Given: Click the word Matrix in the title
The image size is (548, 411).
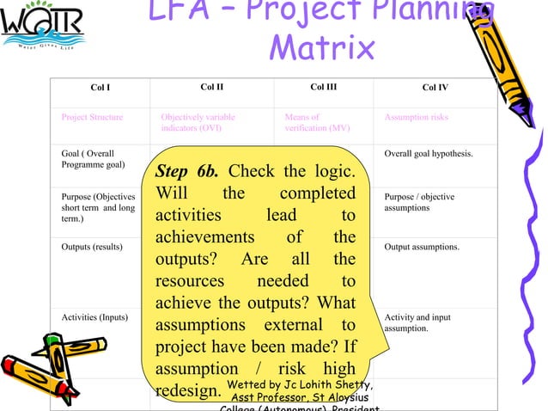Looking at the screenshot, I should pos(321,46).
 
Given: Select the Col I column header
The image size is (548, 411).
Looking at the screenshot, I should pos(100,88).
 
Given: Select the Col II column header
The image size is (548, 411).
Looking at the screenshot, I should pos(211,87).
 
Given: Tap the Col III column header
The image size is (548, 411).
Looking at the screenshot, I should pos(323,87).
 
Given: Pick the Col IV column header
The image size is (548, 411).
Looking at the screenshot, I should pos(435,88).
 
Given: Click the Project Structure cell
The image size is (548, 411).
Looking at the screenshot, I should pos(92,117).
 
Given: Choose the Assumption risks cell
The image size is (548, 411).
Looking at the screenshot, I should pos(416,117).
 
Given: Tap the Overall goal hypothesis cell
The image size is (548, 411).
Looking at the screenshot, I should pos(429,155).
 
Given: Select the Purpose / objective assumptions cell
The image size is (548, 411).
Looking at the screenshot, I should pos(419,202).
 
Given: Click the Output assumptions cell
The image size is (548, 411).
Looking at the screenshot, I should pos(422,247).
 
